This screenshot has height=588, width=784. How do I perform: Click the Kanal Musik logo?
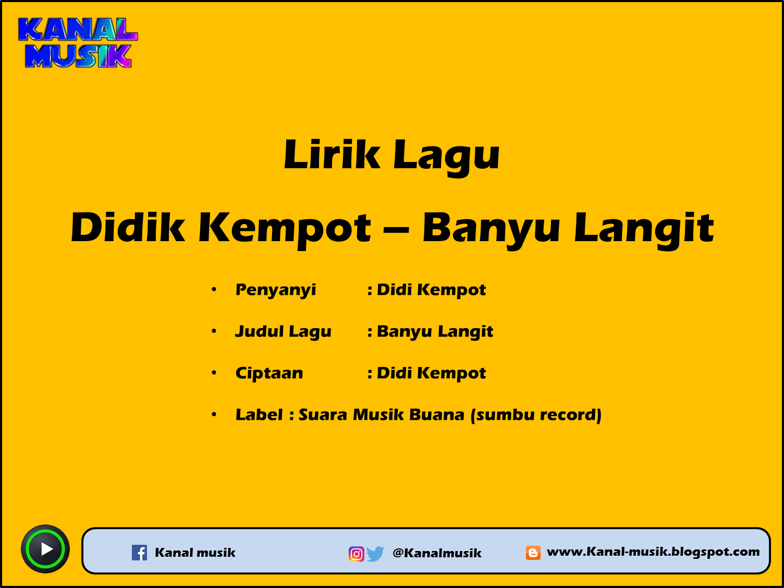pyautogui.click(x=78, y=43)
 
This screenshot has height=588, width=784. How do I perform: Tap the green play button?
pyautogui.click(x=45, y=549)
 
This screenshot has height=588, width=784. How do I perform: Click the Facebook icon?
pyautogui.click(x=139, y=553)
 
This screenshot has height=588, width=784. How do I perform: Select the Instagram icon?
pyautogui.click(x=356, y=554)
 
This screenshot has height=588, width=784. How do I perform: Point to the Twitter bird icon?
pyautogui.click(x=375, y=554)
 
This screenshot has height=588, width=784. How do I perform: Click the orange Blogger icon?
pyautogui.click(x=533, y=553)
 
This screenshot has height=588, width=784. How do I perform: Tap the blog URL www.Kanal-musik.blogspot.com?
pyautogui.click(x=653, y=552)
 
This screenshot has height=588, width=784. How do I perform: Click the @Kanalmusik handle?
pyautogui.click(x=437, y=553)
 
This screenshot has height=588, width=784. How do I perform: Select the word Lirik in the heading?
pyautogui.click(x=332, y=155)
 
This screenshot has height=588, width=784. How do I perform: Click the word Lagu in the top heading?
pyautogui.click(x=446, y=156)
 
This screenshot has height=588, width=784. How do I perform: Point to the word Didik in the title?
pyautogui.click(x=128, y=228)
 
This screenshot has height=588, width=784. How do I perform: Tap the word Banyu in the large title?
pyautogui.click(x=491, y=229)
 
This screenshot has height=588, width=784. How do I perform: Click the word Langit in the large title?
pyautogui.click(x=644, y=229)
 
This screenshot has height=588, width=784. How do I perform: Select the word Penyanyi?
pyautogui.click(x=276, y=290)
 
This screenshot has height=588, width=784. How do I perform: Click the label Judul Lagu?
pyautogui.click(x=283, y=332)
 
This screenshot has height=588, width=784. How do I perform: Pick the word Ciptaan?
pyautogui.click(x=269, y=373)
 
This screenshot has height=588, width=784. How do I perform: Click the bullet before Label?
pyautogui.click(x=214, y=415)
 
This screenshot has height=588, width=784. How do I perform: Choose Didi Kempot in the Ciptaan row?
pyautogui.click(x=431, y=373)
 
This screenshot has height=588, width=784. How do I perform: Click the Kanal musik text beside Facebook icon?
pyautogui.click(x=195, y=553)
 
